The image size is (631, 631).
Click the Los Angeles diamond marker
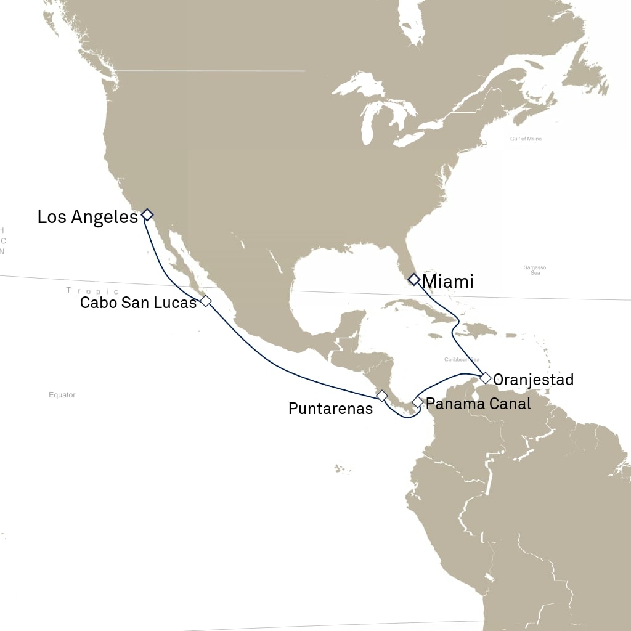[x=147, y=214]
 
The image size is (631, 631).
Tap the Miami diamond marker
[x=414, y=279]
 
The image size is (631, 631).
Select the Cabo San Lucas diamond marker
[x=206, y=301]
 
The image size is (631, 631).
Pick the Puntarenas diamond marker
[x=381, y=395]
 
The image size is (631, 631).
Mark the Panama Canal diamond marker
[x=418, y=402]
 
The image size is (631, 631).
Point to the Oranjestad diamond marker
[x=486, y=378]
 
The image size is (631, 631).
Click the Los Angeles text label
[x=88, y=217]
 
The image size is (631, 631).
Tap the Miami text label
[x=448, y=282]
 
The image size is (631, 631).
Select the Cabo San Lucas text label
[x=138, y=303]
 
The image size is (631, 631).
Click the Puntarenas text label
[x=330, y=409]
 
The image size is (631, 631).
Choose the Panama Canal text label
[x=478, y=404]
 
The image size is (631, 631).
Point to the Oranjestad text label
[x=534, y=380]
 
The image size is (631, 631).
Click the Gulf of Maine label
[x=526, y=139]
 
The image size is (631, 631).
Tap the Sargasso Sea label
[x=535, y=270]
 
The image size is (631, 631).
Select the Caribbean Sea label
[x=462, y=359]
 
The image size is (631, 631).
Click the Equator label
[x=62, y=395]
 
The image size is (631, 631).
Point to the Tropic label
[x=92, y=291]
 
